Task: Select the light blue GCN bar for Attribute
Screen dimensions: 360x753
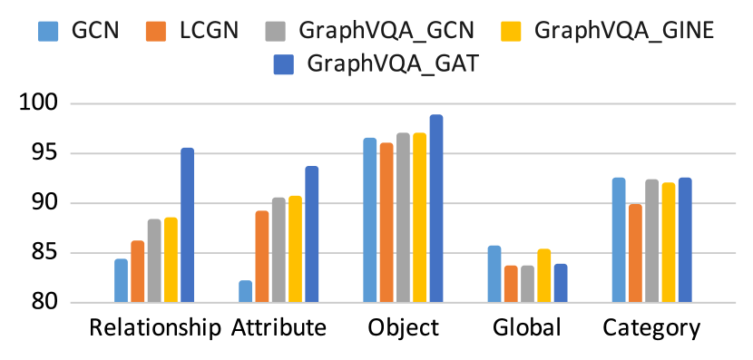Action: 245,291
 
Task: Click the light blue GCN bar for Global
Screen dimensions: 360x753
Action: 494,274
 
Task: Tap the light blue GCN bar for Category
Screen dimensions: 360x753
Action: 619,240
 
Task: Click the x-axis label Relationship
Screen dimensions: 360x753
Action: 155,328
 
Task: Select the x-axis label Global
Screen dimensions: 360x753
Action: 527,328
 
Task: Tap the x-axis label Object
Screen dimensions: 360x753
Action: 404,328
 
